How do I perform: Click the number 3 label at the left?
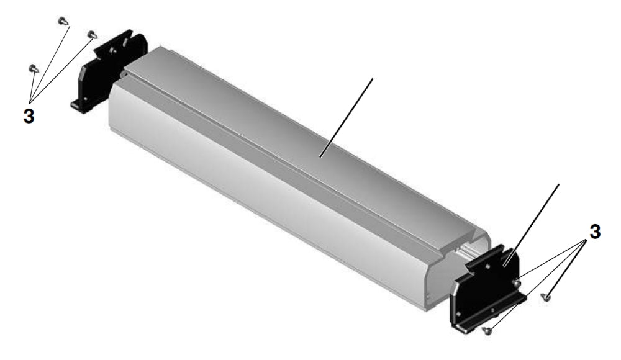29,116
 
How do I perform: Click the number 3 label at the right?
594,232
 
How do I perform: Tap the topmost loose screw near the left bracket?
63,20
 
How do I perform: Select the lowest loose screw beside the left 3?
33,68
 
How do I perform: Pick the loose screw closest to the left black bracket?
93,35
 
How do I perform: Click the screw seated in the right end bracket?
516,284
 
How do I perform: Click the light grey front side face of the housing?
248,205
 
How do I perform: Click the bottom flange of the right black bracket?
491,313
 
